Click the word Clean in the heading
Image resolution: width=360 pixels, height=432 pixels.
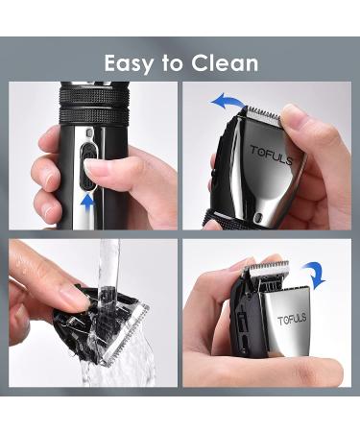tap(226, 63)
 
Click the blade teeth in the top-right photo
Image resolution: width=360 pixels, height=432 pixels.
tap(263, 114)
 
